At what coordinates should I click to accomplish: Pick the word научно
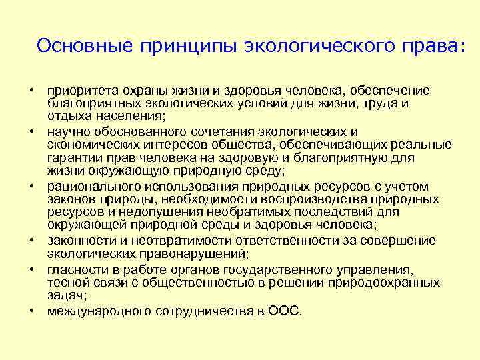pyautogui.click(x=67, y=132)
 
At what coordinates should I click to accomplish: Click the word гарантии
pyautogui.click(x=73, y=157)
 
